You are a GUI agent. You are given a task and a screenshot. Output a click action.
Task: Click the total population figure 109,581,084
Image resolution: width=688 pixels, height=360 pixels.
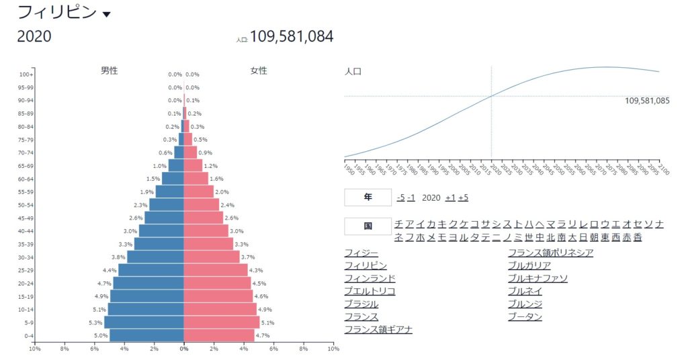click(292, 36)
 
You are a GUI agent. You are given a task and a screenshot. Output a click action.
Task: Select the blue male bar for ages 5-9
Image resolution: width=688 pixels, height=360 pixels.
click(144, 322)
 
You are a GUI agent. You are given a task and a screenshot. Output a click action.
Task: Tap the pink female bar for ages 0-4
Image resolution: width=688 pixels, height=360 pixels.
click(219, 334)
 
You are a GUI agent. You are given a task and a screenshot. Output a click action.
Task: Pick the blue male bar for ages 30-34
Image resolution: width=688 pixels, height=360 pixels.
click(155, 257)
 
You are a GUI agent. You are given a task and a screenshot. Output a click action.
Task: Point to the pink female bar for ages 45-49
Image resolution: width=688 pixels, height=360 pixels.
click(204, 218)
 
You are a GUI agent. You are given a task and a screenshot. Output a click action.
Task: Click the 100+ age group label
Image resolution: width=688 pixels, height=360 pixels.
click(26, 75)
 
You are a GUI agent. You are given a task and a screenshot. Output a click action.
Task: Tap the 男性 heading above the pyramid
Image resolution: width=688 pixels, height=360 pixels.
click(109, 71)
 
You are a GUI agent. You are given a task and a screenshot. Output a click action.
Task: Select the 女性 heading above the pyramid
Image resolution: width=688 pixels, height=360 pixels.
click(259, 71)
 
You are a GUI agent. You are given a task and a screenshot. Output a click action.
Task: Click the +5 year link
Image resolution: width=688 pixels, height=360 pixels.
click(463, 197)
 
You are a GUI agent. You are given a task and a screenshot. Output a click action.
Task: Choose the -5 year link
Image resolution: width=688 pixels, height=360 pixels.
click(400, 197)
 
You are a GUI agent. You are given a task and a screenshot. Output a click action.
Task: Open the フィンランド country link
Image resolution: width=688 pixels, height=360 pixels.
click(370, 278)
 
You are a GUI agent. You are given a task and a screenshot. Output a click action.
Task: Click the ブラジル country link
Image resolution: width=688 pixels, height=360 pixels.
click(361, 304)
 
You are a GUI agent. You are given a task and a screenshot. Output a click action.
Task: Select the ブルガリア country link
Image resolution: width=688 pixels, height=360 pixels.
click(529, 265)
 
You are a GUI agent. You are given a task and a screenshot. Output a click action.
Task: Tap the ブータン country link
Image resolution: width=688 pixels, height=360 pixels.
click(525, 316)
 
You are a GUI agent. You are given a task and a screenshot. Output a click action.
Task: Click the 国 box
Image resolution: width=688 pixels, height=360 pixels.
click(368, 226)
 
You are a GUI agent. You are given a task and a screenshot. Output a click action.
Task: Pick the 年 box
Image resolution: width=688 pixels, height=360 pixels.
click(368, 197)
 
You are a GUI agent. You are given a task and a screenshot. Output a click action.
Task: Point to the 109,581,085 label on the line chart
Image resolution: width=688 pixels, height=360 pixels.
click(646, 101)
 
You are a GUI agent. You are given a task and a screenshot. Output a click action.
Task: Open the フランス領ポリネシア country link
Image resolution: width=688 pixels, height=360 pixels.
click(550, 253)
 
